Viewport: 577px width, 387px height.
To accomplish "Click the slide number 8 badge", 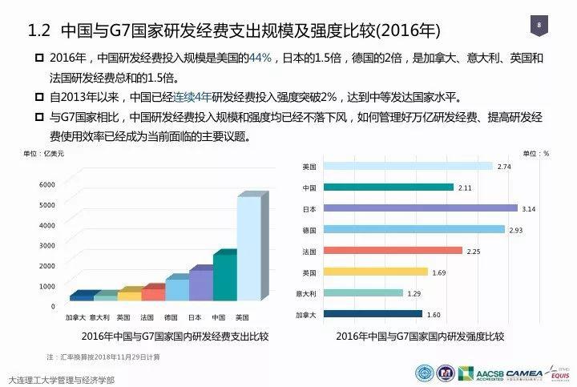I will click(x=539, y=26).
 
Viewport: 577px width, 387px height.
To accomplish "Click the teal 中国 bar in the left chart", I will click(x=224, y=277).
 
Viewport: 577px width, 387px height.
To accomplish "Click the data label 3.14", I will click(x=529, y=208).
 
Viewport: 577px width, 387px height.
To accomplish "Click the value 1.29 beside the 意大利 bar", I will click(x=413, y=293).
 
